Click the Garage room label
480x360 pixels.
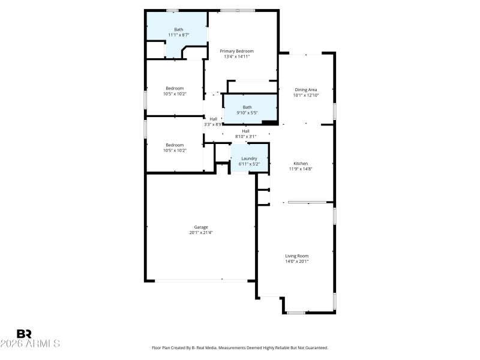tap(200, 227)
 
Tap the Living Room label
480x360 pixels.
tap(297, 256)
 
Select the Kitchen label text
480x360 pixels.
tap(301, 163)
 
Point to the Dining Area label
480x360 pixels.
tap(305, 89)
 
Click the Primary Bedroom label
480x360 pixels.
tap(236, 51)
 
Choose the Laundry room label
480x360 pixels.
tap(249, 158)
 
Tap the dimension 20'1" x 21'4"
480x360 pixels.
tap(200, 232)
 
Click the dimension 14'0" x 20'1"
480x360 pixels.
tap(297, 261)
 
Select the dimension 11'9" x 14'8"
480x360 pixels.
tap(301, 169)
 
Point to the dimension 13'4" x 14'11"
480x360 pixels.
tap(236, 56)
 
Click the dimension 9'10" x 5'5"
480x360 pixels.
tap(247, 112)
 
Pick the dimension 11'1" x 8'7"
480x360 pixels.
tap(179, 35)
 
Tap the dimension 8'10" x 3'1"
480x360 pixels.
tap(245, 136)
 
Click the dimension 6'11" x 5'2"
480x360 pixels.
tap(249, 164)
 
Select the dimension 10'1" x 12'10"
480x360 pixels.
tap(305, 95)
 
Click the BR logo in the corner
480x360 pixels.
tap(24, 334)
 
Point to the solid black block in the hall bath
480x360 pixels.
tap(269, 122)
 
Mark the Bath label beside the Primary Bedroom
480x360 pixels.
tap(179, 29)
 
